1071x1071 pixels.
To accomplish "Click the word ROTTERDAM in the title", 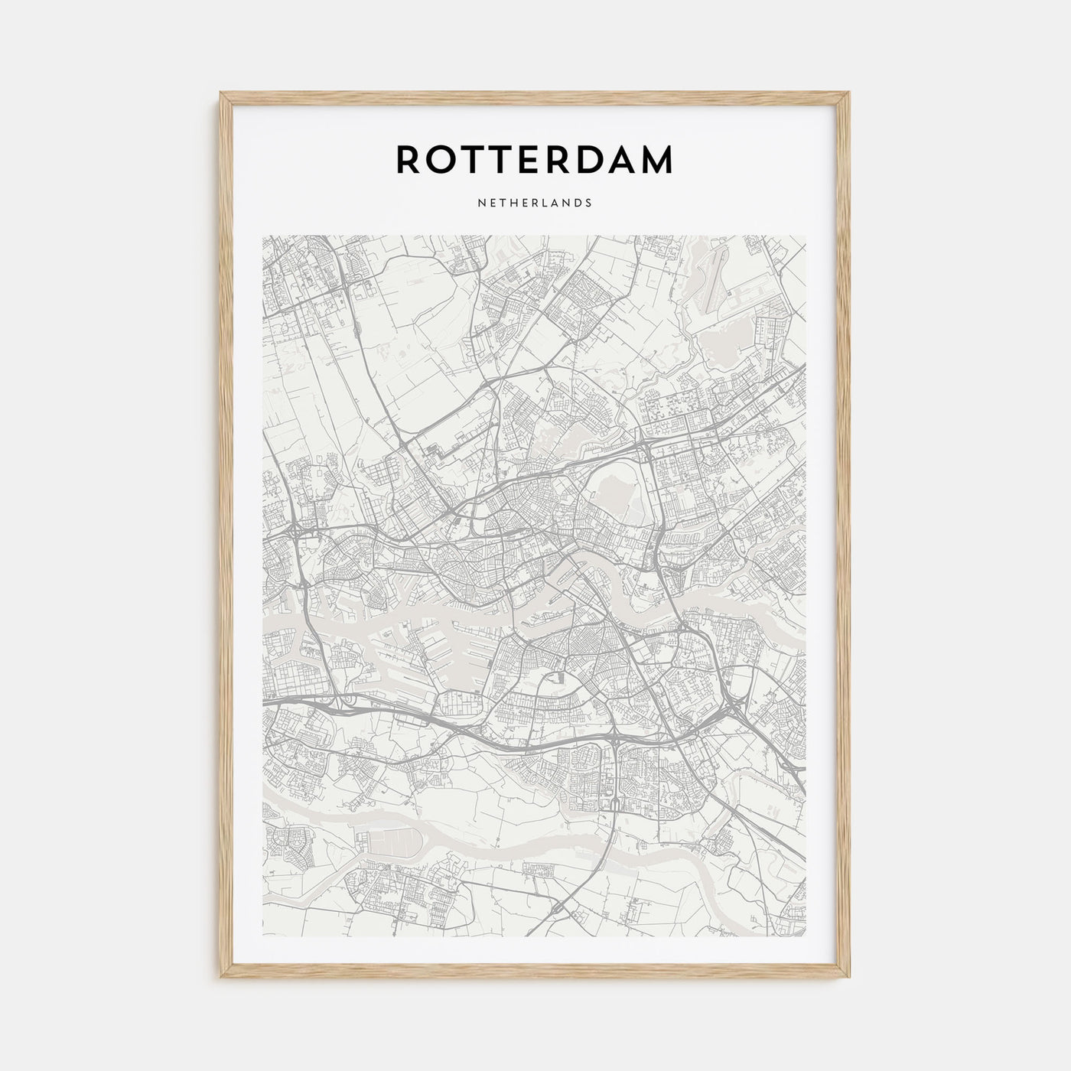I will point(535,159).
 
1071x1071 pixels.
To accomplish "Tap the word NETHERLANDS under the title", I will point(535,203).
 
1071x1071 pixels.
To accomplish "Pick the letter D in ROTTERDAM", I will point(583,159).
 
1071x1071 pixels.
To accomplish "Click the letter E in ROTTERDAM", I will point(519,159).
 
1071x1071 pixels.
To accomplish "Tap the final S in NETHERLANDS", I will point(588,203).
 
